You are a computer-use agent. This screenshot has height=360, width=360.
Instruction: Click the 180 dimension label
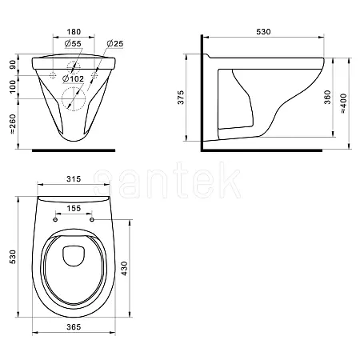point(74,32)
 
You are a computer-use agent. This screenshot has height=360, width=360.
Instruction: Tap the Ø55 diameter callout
point(73,43)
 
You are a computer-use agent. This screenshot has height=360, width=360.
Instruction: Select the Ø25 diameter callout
point(115,43)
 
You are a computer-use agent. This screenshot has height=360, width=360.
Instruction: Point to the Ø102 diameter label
point(73,78)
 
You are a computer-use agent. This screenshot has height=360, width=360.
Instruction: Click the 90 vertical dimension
point(13,65)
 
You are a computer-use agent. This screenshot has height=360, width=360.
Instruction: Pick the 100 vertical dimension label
point(13,87)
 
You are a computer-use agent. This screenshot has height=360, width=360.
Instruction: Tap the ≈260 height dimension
point(13,124)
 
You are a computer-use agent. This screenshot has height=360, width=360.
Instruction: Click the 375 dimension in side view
point(181,98)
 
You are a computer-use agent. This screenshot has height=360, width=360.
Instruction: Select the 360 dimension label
point(327,98)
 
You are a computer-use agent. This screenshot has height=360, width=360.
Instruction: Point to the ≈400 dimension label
point(344,103)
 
